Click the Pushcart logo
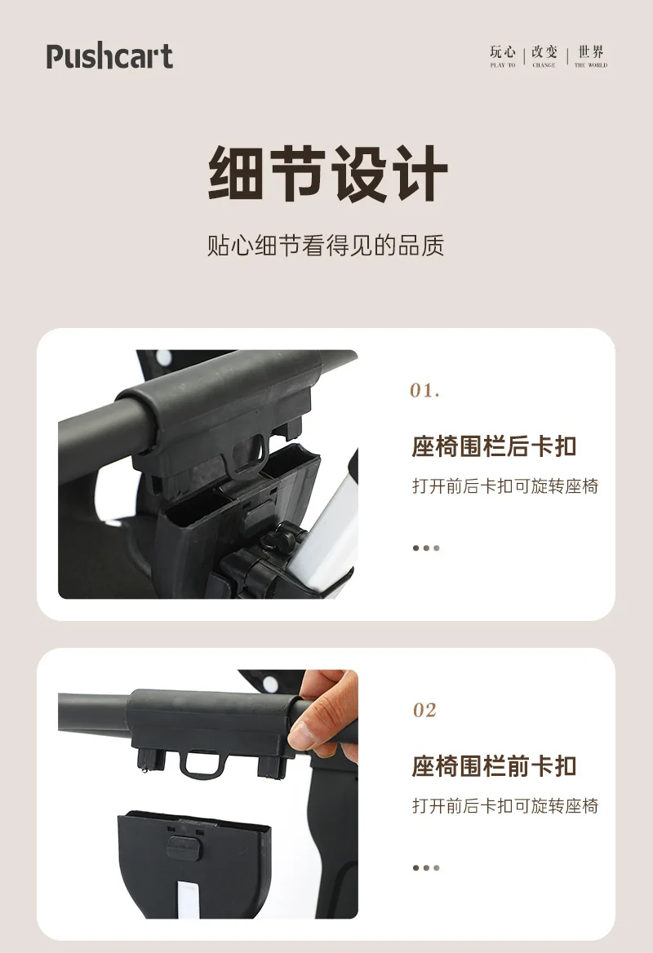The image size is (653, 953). (109, 56)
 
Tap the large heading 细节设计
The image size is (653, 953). (327, 174)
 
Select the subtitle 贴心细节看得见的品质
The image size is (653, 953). (326, 246)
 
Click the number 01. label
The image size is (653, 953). (424, 390)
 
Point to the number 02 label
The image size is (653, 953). (424, 710)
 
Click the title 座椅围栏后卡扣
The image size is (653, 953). (495, 446)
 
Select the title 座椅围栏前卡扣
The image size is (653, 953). (495, 766)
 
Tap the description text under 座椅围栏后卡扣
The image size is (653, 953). (505, 486)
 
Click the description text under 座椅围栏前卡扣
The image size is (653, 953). (505, 806)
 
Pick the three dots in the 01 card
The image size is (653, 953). (425, 548)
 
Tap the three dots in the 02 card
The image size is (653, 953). (425, 868)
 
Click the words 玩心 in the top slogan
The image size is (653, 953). (503, 51)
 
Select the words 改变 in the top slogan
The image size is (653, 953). (544, 51)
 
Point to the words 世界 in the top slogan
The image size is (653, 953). (591, 51)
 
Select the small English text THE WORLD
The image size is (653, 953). (591, 65)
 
